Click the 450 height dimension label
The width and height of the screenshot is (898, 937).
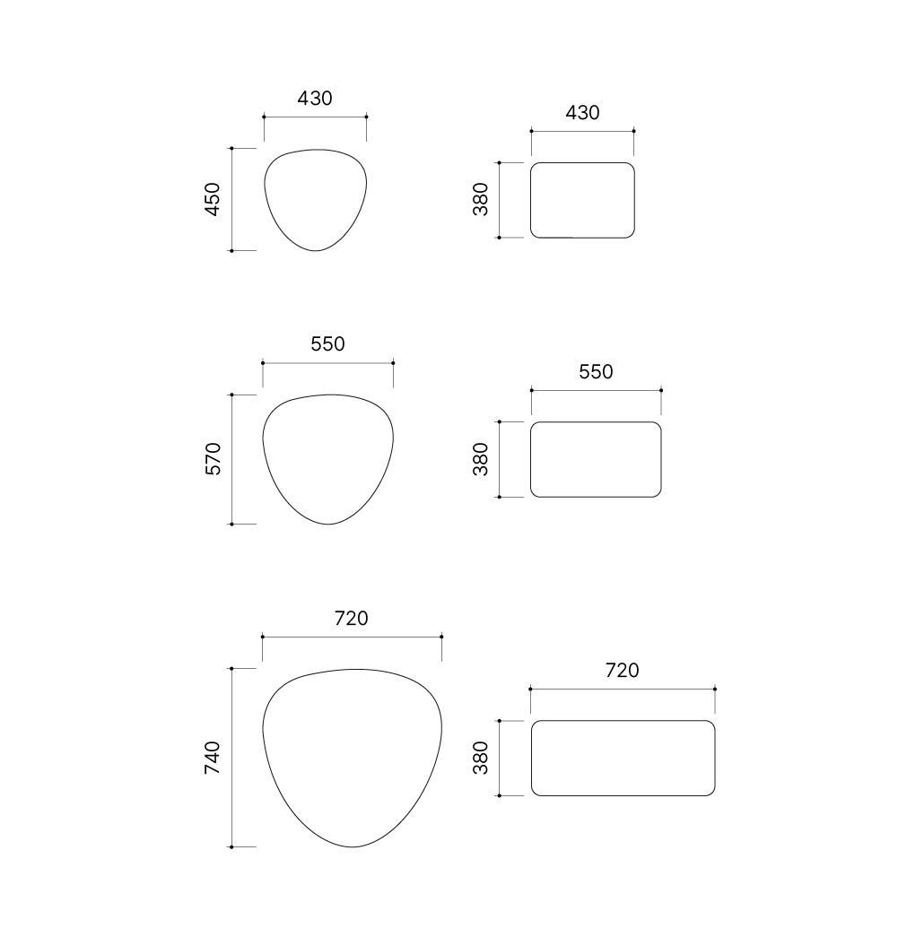coord(213,200)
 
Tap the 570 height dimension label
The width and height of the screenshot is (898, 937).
coord(213,459)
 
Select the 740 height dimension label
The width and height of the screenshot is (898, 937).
coord(213,758)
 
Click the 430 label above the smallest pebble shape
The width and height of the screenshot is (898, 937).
coord(315,98)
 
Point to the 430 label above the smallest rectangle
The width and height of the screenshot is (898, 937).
coord(583,112)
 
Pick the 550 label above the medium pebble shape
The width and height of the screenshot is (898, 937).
coord(327,343)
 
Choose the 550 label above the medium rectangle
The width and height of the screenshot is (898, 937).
coord(596,372)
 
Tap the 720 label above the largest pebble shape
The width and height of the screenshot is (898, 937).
coord(352,618)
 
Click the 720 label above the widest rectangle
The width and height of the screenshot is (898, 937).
coord(623,671)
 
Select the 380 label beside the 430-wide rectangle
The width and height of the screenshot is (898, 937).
coord(481,200)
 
